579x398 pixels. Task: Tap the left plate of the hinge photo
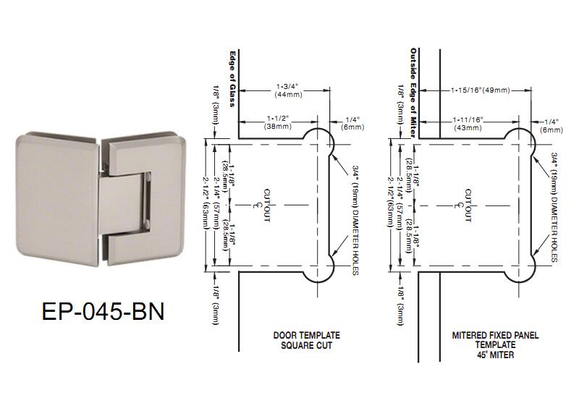pyautogui.click(x=54, y=189)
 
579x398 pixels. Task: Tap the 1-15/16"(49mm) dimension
pyautogui.click(x=480, y=90)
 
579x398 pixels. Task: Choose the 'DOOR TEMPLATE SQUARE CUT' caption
pyautogui.click(x=305, y=339)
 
